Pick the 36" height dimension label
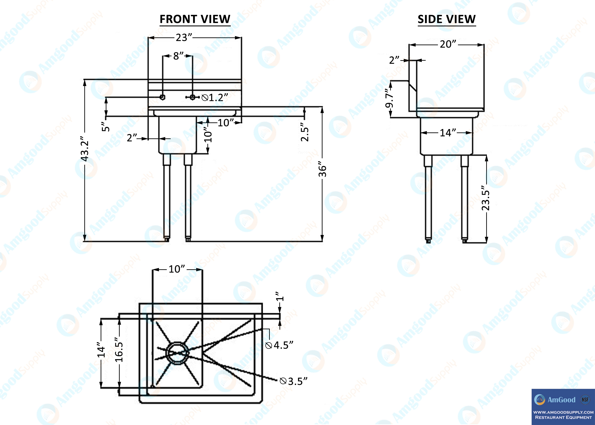pyautogui.click(x=322, y=171)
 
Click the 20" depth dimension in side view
pyautogui.click(x=448, y=44)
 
